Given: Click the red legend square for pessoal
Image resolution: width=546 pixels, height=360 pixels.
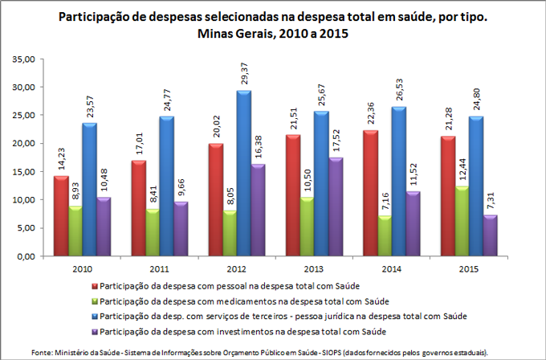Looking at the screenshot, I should (x=96, y=285).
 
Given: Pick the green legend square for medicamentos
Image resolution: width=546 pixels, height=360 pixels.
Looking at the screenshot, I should (x=96, y=300).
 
